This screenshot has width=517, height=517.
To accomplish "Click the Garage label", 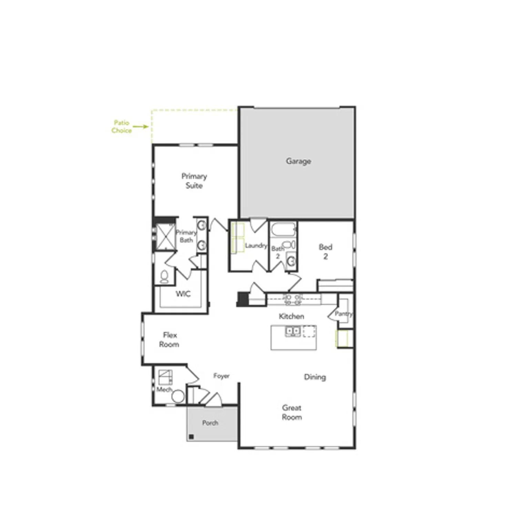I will coord(298,161).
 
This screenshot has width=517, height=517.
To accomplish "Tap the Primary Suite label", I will coord(194,181).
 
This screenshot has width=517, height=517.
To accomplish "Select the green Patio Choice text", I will coord(121,126).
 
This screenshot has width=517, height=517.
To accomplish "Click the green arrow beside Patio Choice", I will coord(141,126).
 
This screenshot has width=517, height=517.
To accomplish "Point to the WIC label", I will coord(183,294).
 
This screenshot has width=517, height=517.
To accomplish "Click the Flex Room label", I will coord(169,339).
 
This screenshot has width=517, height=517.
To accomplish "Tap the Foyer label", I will coord(221,376).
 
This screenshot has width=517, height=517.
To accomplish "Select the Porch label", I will coord(210,423).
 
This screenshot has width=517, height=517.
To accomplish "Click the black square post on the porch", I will coord(191,437).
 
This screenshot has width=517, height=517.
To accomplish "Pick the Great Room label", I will coord(292,412).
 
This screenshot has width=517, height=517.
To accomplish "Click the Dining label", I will coord(315,377).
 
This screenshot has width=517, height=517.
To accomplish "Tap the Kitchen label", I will coord(291,316).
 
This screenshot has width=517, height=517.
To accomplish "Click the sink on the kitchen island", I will coord(293,331).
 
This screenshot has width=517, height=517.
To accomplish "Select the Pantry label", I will coord(344,314).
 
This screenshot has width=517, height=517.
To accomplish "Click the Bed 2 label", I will coord(325,251).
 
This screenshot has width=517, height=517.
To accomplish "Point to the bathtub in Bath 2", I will coord(283,229).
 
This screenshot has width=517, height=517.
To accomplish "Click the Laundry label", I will coord(256,245).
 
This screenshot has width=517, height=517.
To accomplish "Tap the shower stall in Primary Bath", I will coord(165,236).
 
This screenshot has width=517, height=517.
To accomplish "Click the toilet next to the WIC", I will coord(164,276).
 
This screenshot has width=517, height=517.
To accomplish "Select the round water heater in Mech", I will coord(178,396).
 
